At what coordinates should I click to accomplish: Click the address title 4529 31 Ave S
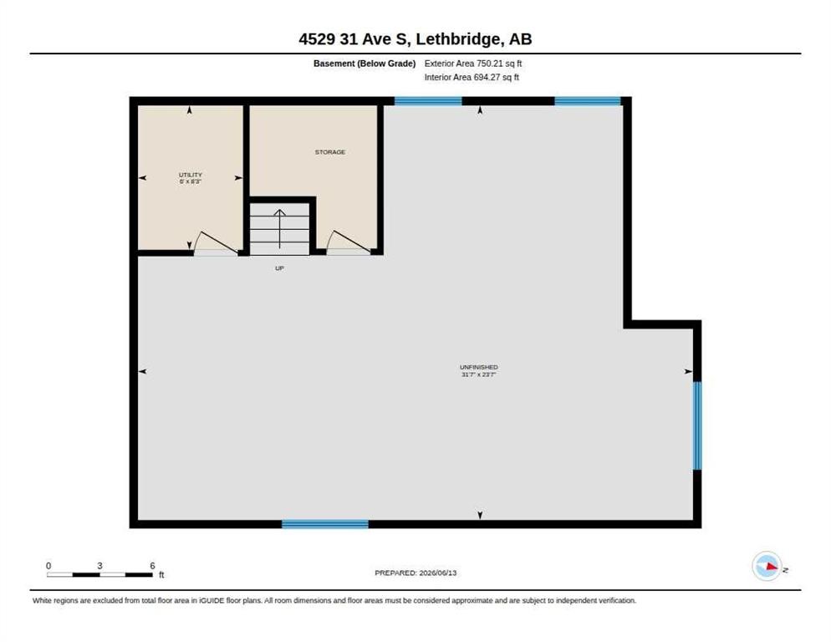[x=354, y=39]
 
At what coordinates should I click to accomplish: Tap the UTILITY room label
[x=191, y=175]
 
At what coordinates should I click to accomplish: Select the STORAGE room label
[x=330, y=152]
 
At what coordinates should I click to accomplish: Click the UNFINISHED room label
[x=478, y=367]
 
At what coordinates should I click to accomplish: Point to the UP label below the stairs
[x=279, y=268]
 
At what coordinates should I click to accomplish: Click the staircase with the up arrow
[x=279, y=229]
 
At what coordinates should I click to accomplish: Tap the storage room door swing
[x=348, y=243]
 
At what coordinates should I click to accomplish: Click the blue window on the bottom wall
[x=325, y=524]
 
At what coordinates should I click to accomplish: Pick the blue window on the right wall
[x=697, y=425]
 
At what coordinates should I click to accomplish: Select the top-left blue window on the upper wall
[x=428, y=101]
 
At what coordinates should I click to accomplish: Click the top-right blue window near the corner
[x=588, y=101]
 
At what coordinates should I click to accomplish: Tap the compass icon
[x=767, y=566]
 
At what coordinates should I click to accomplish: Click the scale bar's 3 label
[x=99, y=566]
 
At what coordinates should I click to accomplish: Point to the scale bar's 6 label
[x=153, y=566]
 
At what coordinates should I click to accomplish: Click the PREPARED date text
[x=415, y=573]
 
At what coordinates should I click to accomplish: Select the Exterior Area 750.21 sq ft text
[x=473, y=64]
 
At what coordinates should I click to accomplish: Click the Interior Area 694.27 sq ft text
[x=472, y=78]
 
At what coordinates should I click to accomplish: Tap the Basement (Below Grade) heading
[x=365, y=64]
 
